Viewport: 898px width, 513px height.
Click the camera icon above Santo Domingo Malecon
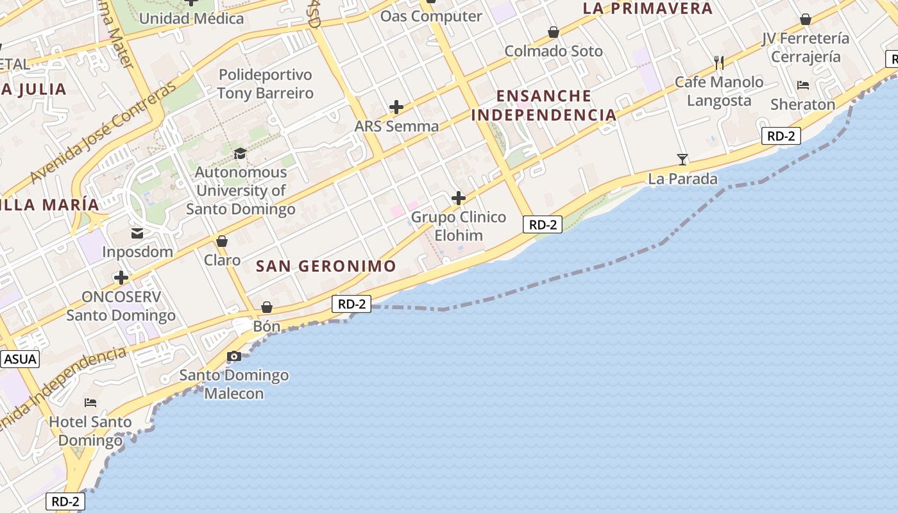coord(234,357)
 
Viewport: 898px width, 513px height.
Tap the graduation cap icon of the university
coord(241,153)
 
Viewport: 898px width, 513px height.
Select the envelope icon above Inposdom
coord(137,233)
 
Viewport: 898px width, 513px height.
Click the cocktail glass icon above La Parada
coord(682,159)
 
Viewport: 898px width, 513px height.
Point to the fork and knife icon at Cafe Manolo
coord(719,62)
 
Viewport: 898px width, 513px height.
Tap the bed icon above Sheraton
coord(803,85)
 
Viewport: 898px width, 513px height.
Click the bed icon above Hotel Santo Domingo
coord(90,403)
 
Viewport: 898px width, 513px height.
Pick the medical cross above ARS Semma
coord(396,107)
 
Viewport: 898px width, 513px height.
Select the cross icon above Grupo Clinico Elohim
coord(459,198)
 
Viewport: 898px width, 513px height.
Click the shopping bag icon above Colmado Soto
coord(554,32)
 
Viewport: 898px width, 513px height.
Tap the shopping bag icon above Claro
coord(222,241)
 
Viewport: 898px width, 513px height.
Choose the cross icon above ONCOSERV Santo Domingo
coord(121,278)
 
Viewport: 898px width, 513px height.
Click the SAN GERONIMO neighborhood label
coord(326,266)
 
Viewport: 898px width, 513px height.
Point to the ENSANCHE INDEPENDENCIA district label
coord(544,106)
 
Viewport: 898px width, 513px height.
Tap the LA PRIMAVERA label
coord(647,8)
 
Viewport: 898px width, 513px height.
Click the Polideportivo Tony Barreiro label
coord(265,84)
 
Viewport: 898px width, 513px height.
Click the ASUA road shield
coord(20,359)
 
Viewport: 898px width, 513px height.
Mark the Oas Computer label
coord(431,16)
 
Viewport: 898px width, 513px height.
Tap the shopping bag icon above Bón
coord(267,308)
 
